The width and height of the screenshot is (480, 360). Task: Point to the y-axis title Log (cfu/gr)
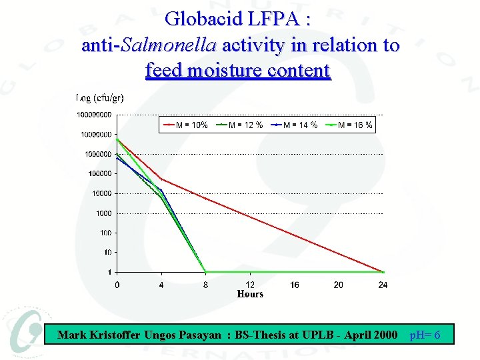100,99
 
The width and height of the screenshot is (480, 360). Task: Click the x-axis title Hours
250,294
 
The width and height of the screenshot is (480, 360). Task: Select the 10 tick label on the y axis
107,253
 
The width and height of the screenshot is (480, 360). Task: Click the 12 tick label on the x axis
250,285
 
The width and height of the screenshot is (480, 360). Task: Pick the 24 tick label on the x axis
383,285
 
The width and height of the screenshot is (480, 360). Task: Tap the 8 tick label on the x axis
206,285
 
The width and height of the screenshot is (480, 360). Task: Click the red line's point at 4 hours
161,179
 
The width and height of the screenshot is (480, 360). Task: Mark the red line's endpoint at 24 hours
383,272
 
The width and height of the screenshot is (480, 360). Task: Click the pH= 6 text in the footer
425,335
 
